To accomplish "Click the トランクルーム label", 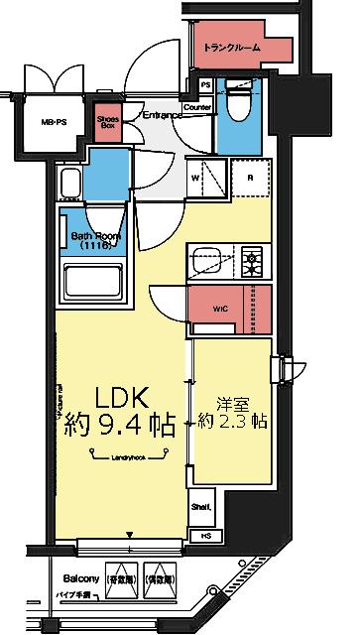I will click(x=234, y=47).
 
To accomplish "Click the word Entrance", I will click(x=161, y=115).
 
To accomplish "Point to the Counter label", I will click(x=198, y=107).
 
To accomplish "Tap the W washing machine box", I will click(x=196, y=179).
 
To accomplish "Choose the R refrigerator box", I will click(x=251, y=179).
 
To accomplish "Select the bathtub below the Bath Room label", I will click(x=92, y=285).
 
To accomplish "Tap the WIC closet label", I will click(x=220, y=308).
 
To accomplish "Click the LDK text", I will click(x=120, y=398).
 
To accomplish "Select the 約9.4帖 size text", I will click(x=120, y=428).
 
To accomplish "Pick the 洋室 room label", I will click(x=233, y=404).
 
